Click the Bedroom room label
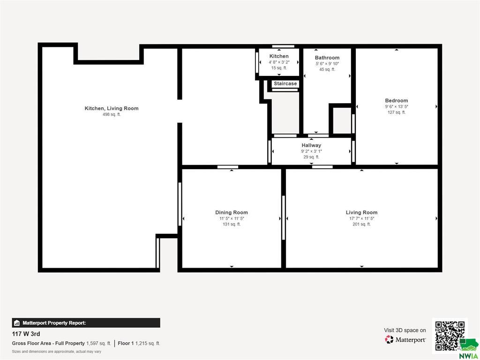click(x=397, y=100)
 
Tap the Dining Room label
click(x=232, y=212)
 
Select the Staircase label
click(x=285, y=83)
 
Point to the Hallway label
click(x=311, y=145)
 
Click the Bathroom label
click(x=327, y=58)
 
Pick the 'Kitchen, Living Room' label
click(x=112, y=108)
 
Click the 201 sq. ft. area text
click(x=361, y=225)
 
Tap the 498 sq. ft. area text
click(x=112, y=114)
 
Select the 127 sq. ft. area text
click(x=397, y=112)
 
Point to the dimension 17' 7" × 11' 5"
click(x=361, y=218)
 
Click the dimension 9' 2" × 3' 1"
click(x=311, y=151)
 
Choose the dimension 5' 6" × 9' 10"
click(x=327, y=64)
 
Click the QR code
click(x=450, y=336)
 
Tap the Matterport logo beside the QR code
click(x=405, y=339)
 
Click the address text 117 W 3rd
click(x=26, y=334)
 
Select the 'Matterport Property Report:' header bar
click(x=86, y=323)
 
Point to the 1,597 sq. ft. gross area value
click(x=98, y=344)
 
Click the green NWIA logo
click(x=469, y=349)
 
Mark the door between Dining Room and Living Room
click(x=284, y=217)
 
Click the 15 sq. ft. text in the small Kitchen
click(x=279, y=68)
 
